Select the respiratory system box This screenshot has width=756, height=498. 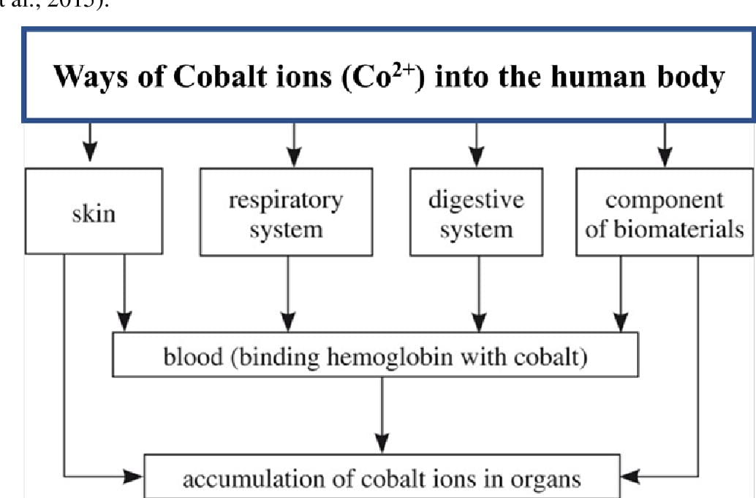pos(286,212)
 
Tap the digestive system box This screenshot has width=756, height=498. pos(476,212)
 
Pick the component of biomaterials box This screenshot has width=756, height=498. pos(665,212)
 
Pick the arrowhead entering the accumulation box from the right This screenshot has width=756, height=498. pos(630,478)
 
